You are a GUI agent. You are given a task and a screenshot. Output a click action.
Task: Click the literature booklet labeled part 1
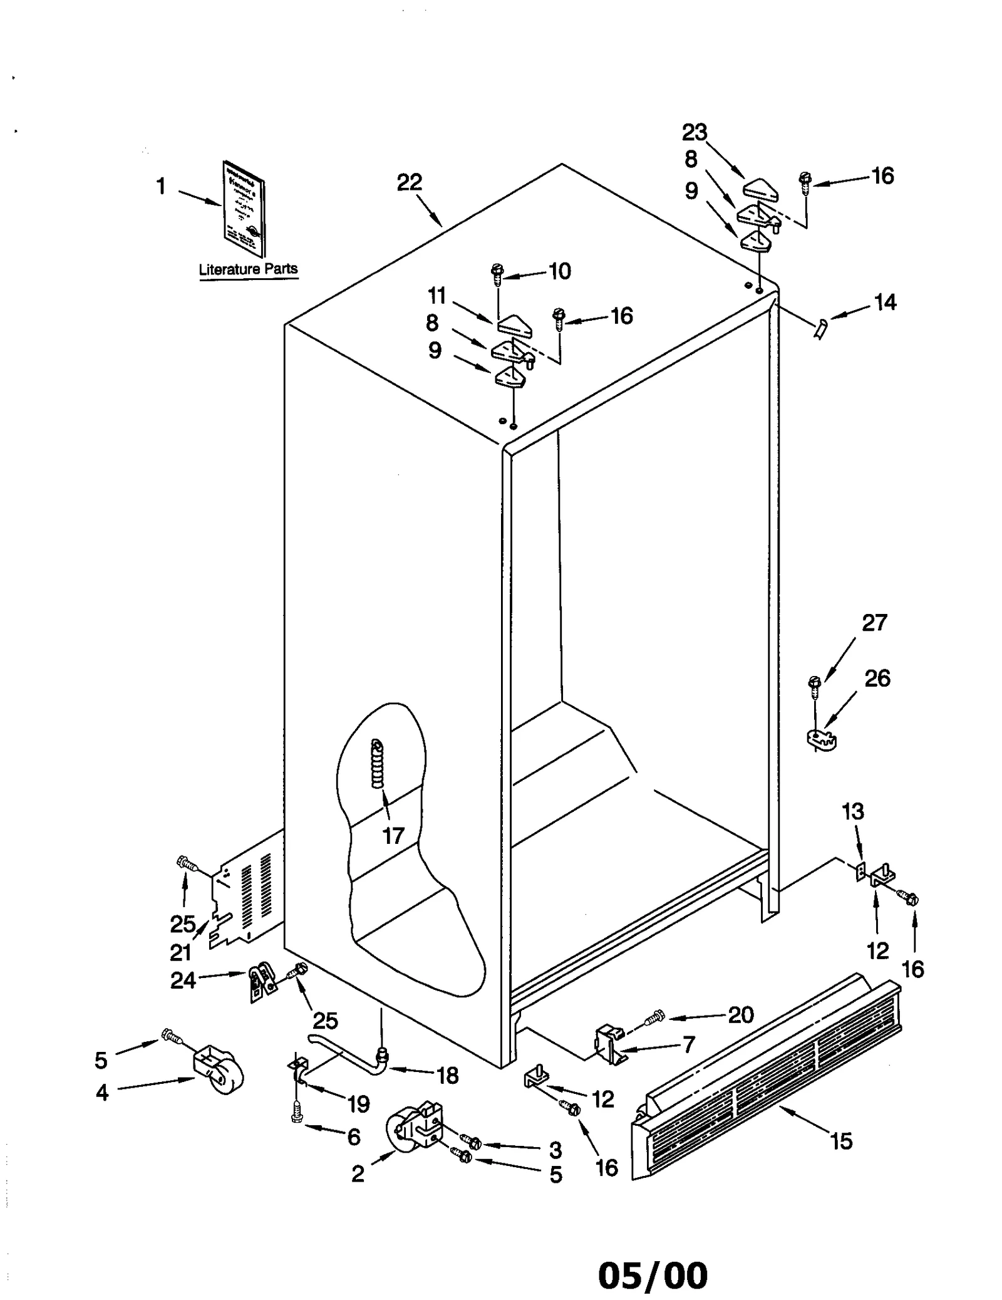244,208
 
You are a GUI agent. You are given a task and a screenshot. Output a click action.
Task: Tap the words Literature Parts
248,269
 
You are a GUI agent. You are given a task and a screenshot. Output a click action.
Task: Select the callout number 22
410,182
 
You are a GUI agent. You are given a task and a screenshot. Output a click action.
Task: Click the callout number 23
695,132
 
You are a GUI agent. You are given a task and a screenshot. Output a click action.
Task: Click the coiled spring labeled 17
378,764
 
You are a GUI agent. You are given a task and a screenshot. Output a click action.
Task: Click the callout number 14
885,303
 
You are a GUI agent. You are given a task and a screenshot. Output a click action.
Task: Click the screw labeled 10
497,274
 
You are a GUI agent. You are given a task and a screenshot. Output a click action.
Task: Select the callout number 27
874,623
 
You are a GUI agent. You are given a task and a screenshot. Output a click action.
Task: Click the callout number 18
448,1075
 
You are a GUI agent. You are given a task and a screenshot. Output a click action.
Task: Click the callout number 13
853,811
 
